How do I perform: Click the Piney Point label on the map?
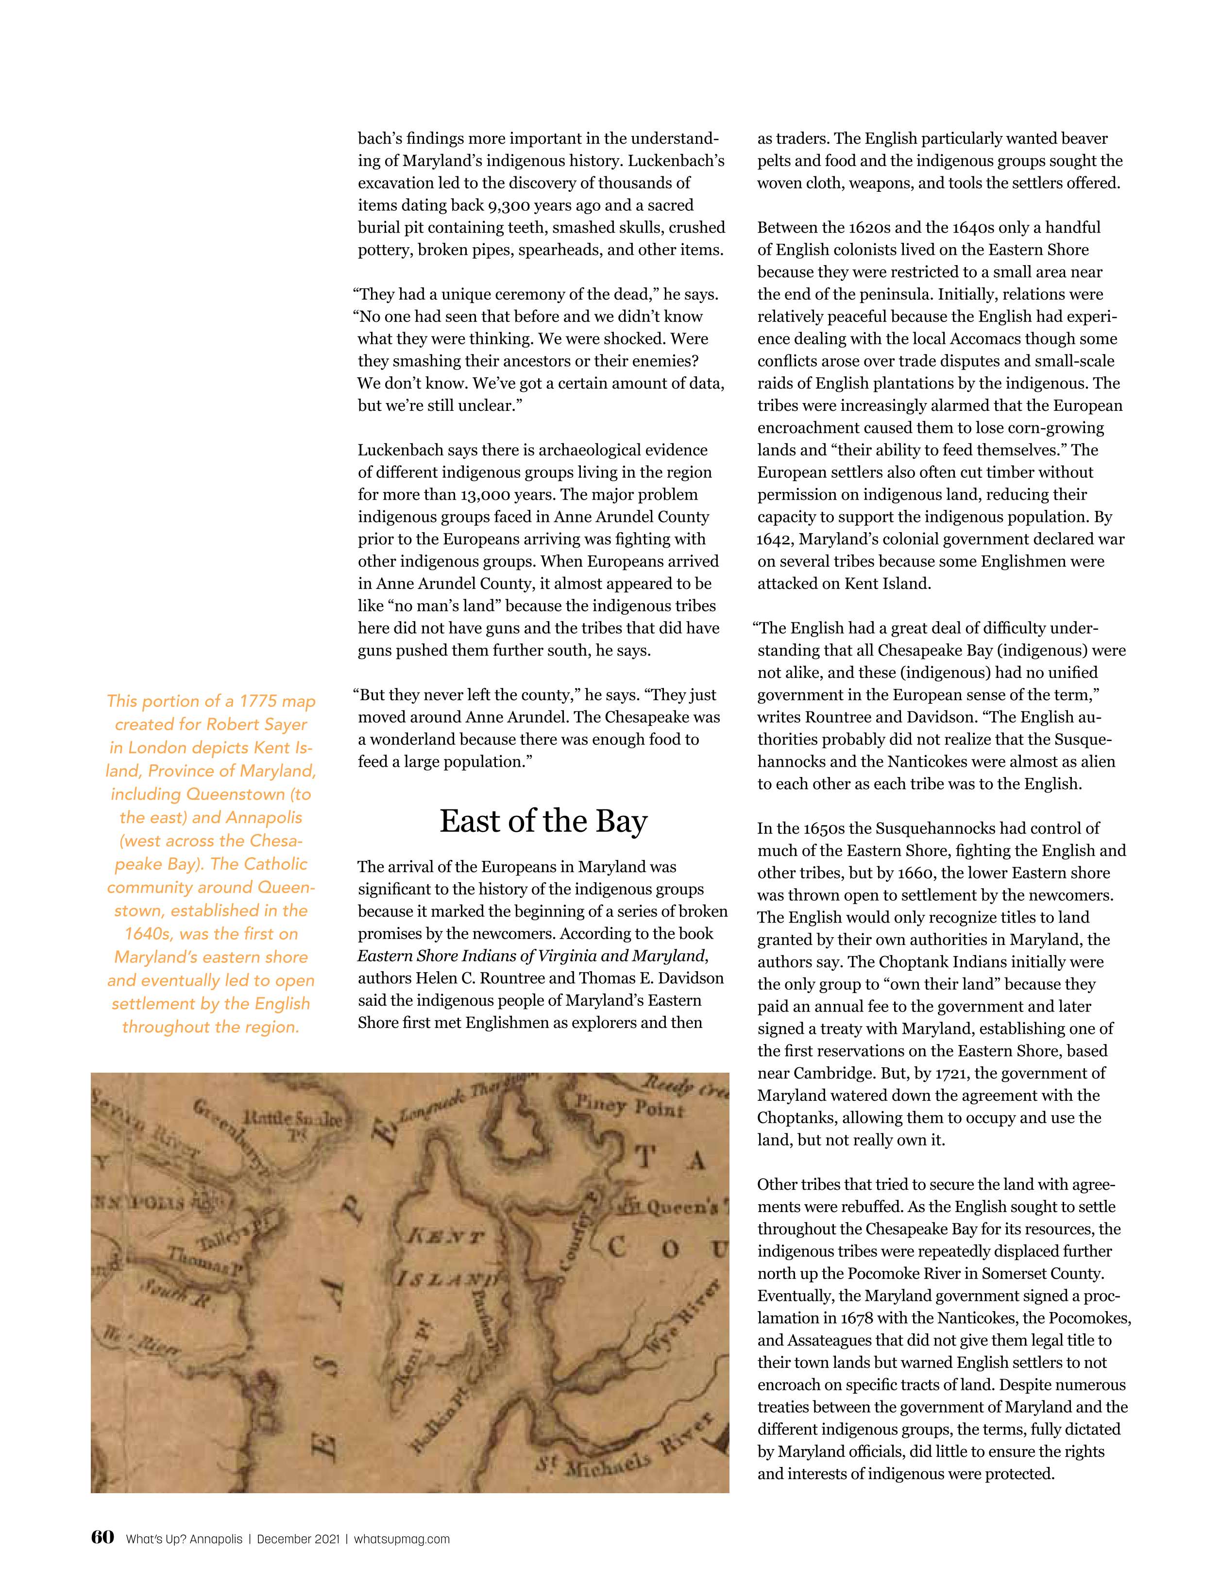click(x=628, y=1108)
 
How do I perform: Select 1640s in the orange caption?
click(x=150, y=934)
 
